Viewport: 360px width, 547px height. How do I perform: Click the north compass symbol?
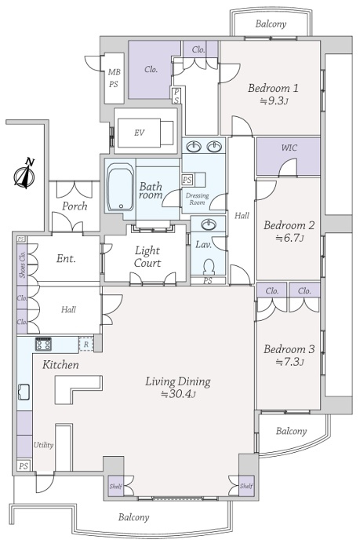pyautogui.click(x=25, y=173)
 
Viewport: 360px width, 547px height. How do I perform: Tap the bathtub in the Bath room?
pyautogui.click(x=120, y=187)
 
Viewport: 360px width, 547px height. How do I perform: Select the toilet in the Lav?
pyautogui.click(x=209, y=266)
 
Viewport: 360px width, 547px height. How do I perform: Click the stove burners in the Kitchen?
pyautogui.click(x=44, y=344)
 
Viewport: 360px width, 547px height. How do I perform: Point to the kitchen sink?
pyautogui.click(x=24, y=392)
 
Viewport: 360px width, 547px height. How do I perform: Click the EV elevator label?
pyautogui.click(x=139, y=133)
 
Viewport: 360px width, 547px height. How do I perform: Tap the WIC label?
pyautogui.click(x=289, y=148)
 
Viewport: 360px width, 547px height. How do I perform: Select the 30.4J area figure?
pyautogui.click(x=178, y=395)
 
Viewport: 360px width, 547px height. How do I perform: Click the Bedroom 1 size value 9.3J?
pyautogui.click(x=274, y=101)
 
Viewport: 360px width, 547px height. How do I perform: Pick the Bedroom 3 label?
pyautogui.click(x=289, y=349)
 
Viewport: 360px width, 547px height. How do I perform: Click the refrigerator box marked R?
pyautogui.click(x=86, y=345)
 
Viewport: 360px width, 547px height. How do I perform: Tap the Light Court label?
pyautogui.click(x=147, y=257)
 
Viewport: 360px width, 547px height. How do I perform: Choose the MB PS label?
pyautogui.click(x=114, y=78)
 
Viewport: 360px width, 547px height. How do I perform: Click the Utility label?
pyautogui.click(x=44, y=445)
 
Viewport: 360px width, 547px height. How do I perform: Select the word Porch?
pyautogui.click(x=75, y=206)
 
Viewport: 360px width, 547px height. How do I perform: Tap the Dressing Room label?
pyautogui.click(x=197, y=199)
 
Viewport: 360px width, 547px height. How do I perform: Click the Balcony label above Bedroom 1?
pyautogui.click(x=271, y=24)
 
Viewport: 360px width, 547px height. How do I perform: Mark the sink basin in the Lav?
pyautogui.click(x=209, y=224)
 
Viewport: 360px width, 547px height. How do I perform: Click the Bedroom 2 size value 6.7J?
pyautogui.click(x=289, y=239)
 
